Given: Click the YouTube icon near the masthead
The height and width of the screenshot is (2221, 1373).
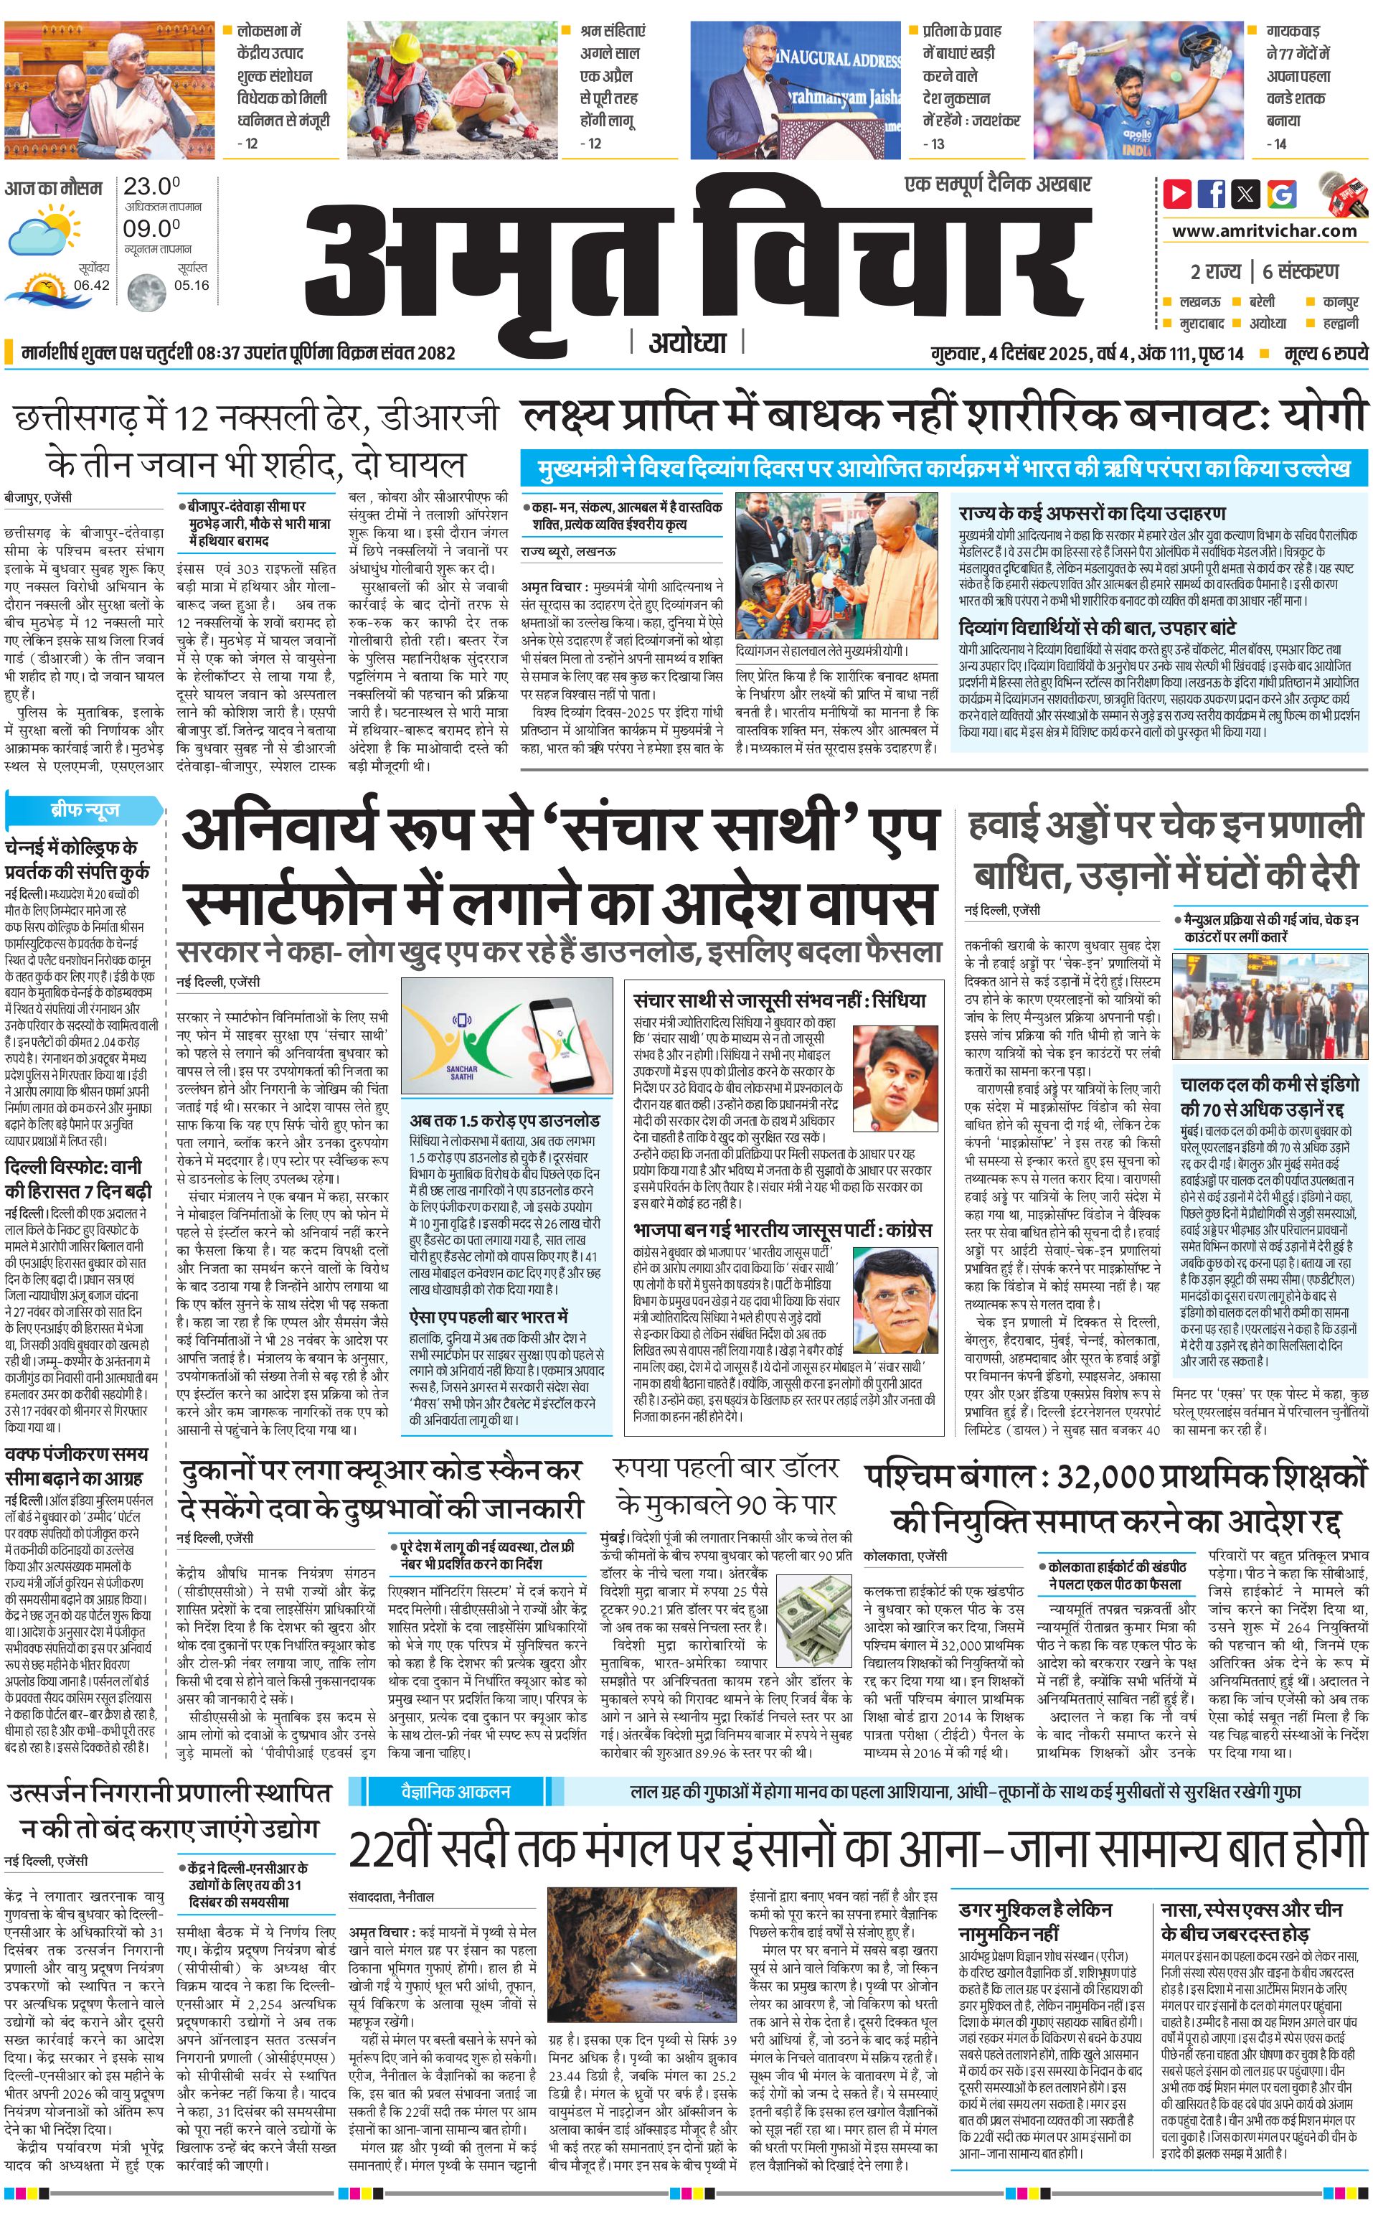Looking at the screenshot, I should point(1177,194).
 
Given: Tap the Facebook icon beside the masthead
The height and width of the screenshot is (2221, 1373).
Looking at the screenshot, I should point(1212,194).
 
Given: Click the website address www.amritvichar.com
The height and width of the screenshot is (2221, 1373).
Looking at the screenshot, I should point(1264,231).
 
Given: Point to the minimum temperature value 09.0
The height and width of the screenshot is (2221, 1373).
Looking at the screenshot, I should point(151,229).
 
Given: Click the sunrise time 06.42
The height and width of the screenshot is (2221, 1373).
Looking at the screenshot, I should point(92,285).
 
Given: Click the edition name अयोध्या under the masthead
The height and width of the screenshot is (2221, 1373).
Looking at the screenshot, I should point(687,342).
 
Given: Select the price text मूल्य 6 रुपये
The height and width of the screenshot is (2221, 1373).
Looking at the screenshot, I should point(1325,353).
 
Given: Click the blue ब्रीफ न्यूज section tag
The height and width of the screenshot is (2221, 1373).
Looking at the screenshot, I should point(85,809).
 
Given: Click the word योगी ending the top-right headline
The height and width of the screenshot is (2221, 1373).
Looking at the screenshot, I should point(1323,418).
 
